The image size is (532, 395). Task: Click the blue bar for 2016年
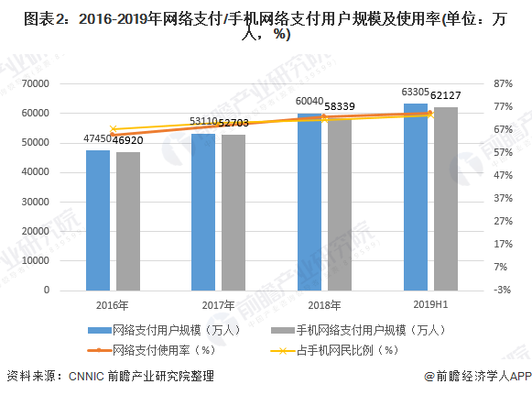98,220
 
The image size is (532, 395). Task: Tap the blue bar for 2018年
309,202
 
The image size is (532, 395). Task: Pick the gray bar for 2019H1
445,199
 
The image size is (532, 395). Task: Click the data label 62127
446,95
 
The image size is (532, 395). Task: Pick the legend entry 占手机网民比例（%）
351,349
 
